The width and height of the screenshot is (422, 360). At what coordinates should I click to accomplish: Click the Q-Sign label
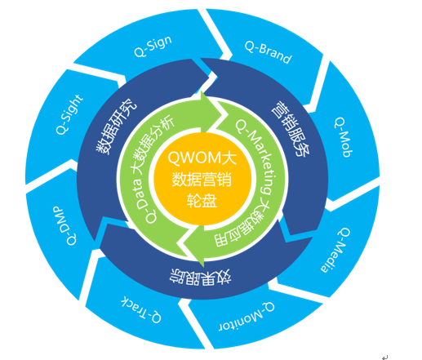click(x=153, y=47)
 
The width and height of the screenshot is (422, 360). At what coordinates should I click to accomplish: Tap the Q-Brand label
click(x=268, y=52)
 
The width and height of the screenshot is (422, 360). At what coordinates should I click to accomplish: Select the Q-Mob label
click(x=343, y=137)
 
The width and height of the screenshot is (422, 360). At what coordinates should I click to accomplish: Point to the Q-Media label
click(x=335, y=250)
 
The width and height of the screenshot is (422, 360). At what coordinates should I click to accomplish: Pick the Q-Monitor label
click(x=247, y=317)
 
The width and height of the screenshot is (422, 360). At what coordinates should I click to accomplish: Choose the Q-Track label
click(x=141, y=309)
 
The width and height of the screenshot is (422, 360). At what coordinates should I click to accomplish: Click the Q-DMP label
click(x=64, y=225)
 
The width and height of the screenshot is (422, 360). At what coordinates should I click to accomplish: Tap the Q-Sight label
click(x=69, y=114)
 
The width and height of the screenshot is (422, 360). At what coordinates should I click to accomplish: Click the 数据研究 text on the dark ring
click(x=117, y=127)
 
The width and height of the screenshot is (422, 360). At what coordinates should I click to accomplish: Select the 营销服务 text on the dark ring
click(x=291, y=129)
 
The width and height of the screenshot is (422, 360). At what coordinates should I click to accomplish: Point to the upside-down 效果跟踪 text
click(x=201, y=277)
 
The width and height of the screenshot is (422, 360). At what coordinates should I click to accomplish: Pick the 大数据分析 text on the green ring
click(x=153, y=146)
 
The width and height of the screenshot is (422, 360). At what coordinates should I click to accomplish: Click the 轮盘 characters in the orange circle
click(x=202, y=201)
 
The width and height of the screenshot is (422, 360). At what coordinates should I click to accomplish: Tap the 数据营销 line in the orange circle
click(x=202, y=179)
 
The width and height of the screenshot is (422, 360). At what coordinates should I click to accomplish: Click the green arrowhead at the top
click(x=212, y=111)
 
